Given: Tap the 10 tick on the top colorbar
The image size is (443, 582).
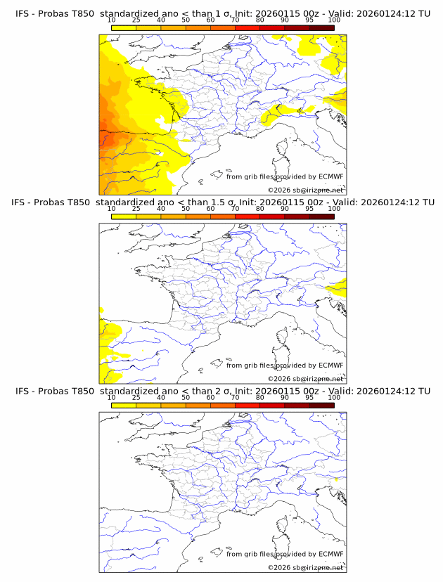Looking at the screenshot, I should click(112, 20).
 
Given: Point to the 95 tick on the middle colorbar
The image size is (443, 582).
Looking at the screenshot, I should click(309, 209).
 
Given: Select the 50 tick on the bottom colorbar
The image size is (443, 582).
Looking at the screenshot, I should click(186, 397).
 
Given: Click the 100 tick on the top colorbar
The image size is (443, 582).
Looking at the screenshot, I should click(334, 20).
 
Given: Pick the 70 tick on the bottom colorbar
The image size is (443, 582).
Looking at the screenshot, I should click(236, 397).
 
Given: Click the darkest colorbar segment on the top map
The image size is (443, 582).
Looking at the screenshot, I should click(321, 28).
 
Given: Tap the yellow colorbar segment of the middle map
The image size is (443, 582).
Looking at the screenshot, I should click(124, 216).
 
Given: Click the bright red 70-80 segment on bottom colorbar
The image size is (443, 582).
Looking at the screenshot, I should click(248, 405).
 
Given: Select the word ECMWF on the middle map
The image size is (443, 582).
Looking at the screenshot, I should click(330, 366).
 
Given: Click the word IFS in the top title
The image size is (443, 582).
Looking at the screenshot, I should click(23, 14).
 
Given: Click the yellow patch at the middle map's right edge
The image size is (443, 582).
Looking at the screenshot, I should click(340, 287).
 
